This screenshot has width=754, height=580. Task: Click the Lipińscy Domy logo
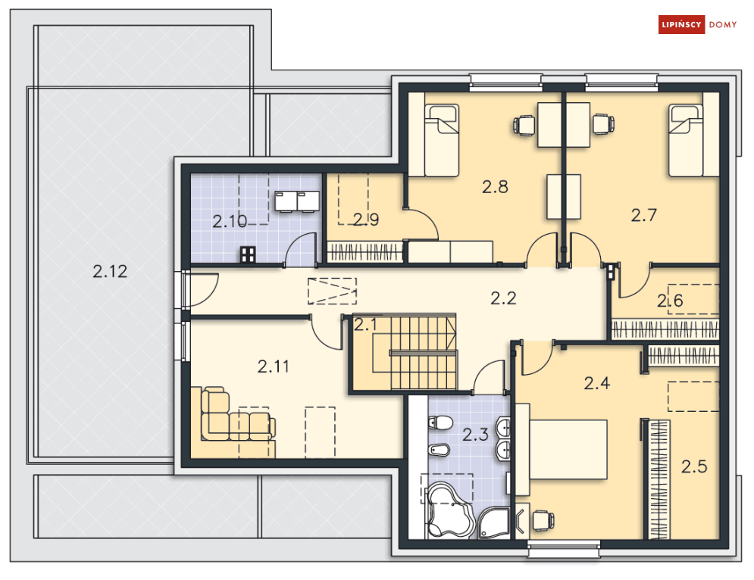coord(697,24)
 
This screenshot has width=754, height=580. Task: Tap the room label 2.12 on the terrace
coord(110,272)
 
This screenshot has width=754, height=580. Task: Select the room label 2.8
coord(495,186)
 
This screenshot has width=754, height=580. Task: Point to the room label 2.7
coord(644,215)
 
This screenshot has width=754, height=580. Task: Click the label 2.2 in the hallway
coord(503,298)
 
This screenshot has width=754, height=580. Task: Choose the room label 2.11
coord(273,366)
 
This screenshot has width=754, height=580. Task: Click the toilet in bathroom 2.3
coord(440,423)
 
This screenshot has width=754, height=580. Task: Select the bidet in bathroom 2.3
coord(439,451)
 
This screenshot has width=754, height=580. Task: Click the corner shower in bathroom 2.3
coord(493,522)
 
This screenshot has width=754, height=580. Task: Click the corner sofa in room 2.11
coord(233,422)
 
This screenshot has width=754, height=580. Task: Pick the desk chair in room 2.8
coord(524,125)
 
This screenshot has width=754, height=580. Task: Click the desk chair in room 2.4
coord(543,520)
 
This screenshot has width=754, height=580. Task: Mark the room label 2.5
coord(694,466)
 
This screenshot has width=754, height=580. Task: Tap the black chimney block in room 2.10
coord(248,254)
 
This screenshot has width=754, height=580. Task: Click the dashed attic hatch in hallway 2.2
coord(332,291)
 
